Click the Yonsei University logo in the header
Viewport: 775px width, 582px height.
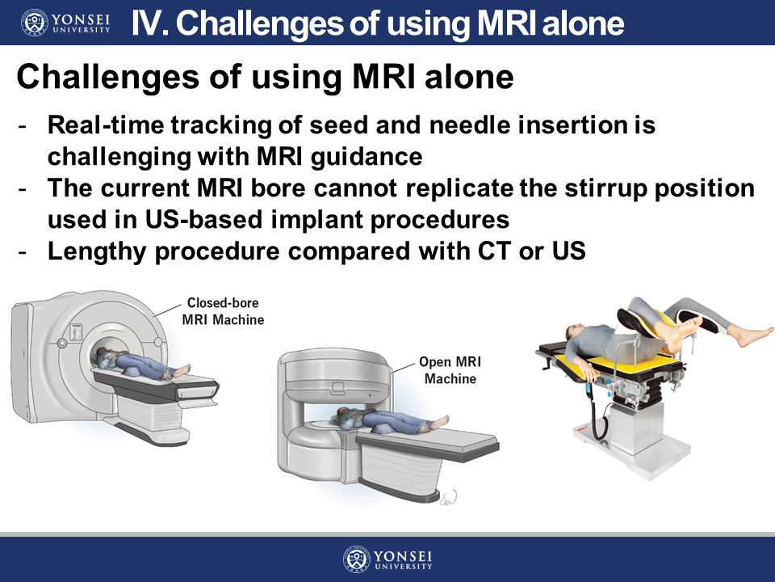pyautogui.click(x=65, y=23)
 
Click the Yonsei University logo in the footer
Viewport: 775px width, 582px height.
pyautogui.click(x=387, y=559)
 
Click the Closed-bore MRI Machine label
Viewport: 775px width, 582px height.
pyautogui.click(x=223, y=311)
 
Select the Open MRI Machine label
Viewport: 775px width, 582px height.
pyautogui.click(x=450, y=370)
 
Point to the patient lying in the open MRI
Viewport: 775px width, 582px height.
pyautogui.click(x=391, y=420)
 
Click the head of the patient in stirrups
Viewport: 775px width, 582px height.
pyautogui.click(x=574, y=331)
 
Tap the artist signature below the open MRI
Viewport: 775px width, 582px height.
pyautogui.click(x=448, y=498)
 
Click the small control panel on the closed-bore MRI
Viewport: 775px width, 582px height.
pyautogui.click(x=76, y=331)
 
